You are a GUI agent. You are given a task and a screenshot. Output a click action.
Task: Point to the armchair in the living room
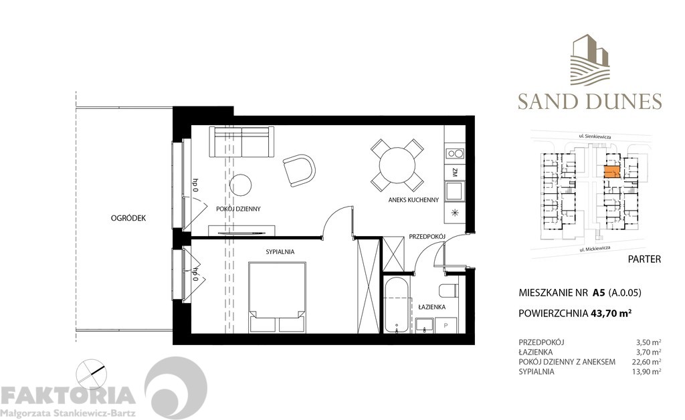tap(298, 171)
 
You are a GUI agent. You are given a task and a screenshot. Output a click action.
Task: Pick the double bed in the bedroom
tap(278, 296)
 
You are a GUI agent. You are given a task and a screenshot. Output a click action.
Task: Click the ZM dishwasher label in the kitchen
tap(454, 173)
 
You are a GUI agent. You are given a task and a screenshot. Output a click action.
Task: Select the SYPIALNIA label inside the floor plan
tap(280, 252)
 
